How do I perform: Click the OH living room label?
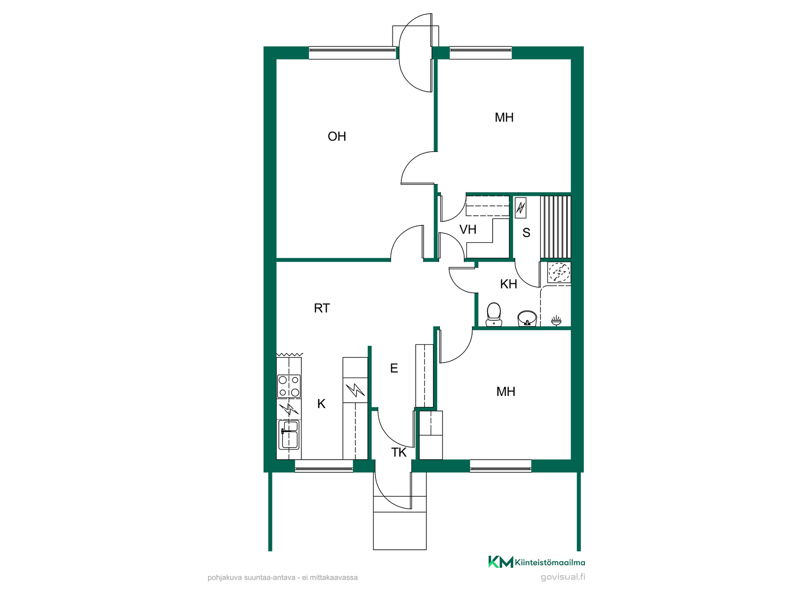pyautogui.click(x=337, y=136)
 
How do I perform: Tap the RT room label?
pyautogui.click(x=322, y=308)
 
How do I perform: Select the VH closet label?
pyautogui.click(x=468, y=229)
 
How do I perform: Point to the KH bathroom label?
pyautogui.click(x=508, y=284)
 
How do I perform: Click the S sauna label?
pyautogui.click(x=526, y=233)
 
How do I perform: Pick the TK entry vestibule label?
pyautogui.click(x=399, y=452)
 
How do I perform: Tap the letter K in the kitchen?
pyautogui.click(x=321, y=404)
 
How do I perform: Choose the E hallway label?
pyautogui.click(x=394, y=368)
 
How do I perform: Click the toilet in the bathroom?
pyautogui.click(x=494, y=314)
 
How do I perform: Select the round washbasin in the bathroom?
pyautogui.click(x=527, y=319)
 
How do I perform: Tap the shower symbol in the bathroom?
pyautogui.click(x=556, y=320)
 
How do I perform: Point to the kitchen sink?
pyautogui.click(x=289, y=435)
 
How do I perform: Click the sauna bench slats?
pyautogui.click(x=555, y=227)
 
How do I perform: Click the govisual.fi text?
pyautogui.click(x=563, y=577)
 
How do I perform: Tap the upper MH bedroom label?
pyautogui.click(x=504, y=117)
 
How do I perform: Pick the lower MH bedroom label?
pyautogui.click(x=506, y=392)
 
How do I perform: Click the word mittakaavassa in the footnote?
pyautogui.click(x=334, y=578)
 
